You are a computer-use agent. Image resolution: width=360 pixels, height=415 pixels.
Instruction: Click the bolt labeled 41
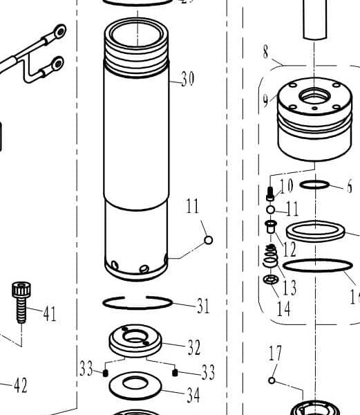coord(20,302)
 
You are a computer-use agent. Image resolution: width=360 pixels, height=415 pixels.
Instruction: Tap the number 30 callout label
coord(187,80)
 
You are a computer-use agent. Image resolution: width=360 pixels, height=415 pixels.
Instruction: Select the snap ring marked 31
coord(137,303)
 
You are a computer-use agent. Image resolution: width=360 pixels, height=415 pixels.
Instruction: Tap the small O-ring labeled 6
coord(316,185)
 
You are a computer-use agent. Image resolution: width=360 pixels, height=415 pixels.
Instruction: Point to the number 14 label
coord(284,308)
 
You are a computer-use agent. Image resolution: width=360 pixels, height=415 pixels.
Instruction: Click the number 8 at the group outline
coord(266,52)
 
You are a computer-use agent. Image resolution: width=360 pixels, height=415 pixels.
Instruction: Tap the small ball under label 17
coord(272,380)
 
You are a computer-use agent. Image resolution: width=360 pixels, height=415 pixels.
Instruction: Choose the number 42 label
coord(20,385)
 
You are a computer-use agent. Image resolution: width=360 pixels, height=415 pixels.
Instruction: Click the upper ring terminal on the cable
coord(59,31)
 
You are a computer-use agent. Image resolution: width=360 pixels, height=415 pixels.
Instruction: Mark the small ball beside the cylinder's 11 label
coord(208,240)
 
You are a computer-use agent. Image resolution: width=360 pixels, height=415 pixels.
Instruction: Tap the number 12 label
coord(289,247)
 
